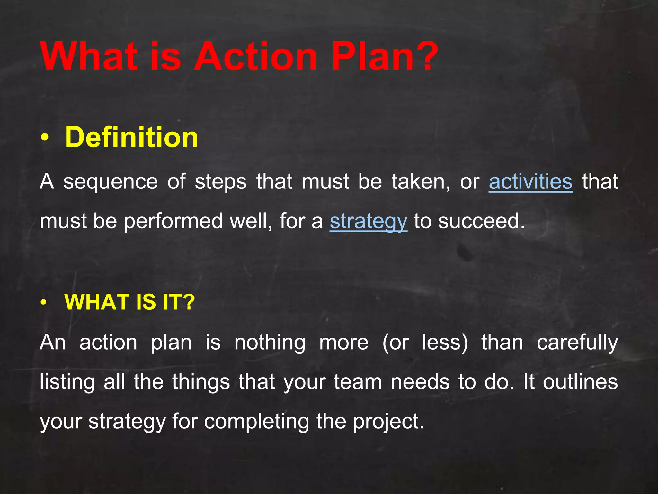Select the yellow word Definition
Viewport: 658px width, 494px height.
tap(131, 137)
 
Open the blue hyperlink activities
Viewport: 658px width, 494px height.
tap(530, 182)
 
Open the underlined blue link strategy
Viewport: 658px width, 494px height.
tap(369, 221)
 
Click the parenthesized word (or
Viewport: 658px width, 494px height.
tap(396, 343)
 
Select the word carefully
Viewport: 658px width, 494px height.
tap(577, 343)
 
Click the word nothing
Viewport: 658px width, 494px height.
tap(270, 343)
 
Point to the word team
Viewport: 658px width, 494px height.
tap(358, 382)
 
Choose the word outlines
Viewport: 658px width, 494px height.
tap(580, 382)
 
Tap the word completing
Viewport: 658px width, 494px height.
tap(256, 422)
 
